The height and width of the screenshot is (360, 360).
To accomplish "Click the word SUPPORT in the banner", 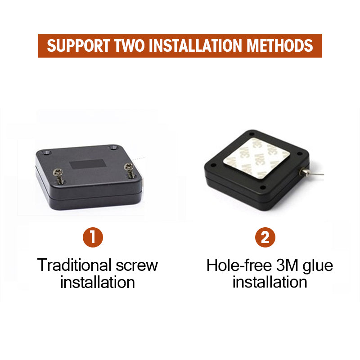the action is coord(78,46).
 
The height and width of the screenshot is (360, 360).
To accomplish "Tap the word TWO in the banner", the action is coord(129,46).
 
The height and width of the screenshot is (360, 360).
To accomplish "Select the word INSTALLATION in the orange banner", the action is coord(195,46).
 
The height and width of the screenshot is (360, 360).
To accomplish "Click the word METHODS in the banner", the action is coord(279,46).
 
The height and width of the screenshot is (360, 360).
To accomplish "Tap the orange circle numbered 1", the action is coord(93,237).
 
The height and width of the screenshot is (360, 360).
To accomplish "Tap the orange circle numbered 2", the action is coord(265,237).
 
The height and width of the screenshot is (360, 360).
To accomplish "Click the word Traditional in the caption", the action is coord(74,265).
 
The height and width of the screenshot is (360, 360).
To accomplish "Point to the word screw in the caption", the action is coord(137,266).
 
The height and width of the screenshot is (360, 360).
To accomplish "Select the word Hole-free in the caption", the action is coord(239,265).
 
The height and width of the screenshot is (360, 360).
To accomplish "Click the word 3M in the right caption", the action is coord(287,265).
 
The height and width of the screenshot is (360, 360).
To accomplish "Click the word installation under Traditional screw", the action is coord(98,282).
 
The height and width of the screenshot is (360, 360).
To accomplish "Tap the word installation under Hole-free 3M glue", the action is coord(270,282).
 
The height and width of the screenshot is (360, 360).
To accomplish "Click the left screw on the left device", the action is coord(58,175).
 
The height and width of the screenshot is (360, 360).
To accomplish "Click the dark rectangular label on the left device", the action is coord(88,164).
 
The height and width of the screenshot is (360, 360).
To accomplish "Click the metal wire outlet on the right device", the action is coord(304,171).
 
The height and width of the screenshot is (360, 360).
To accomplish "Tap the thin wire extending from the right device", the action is coord(316,174).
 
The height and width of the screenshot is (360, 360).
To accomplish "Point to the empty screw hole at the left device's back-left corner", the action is coord(47,152).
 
